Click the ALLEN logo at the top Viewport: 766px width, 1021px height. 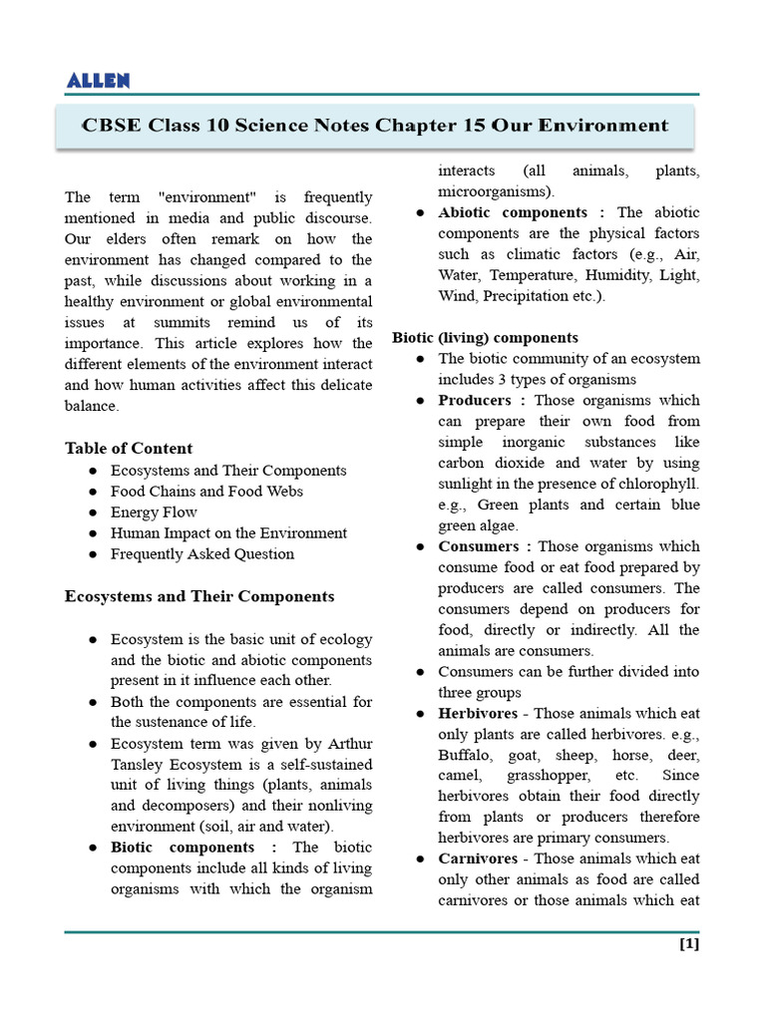click(97, 81)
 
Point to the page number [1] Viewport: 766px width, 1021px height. click(688, 944)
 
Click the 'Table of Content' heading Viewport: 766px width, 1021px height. click(129, 448)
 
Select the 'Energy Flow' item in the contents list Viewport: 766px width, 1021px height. click(154, 512)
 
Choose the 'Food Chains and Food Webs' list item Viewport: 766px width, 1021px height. click(206, 491)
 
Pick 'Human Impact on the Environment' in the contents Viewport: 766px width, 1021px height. click(228, 533)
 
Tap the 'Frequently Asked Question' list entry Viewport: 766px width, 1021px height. click(202, 554)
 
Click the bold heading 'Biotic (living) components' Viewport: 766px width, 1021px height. click(485, 338)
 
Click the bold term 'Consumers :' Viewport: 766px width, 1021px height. click(485, 546)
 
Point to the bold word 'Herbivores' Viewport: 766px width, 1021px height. click(478, 714)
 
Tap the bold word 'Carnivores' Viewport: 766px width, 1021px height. click(478, 858)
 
